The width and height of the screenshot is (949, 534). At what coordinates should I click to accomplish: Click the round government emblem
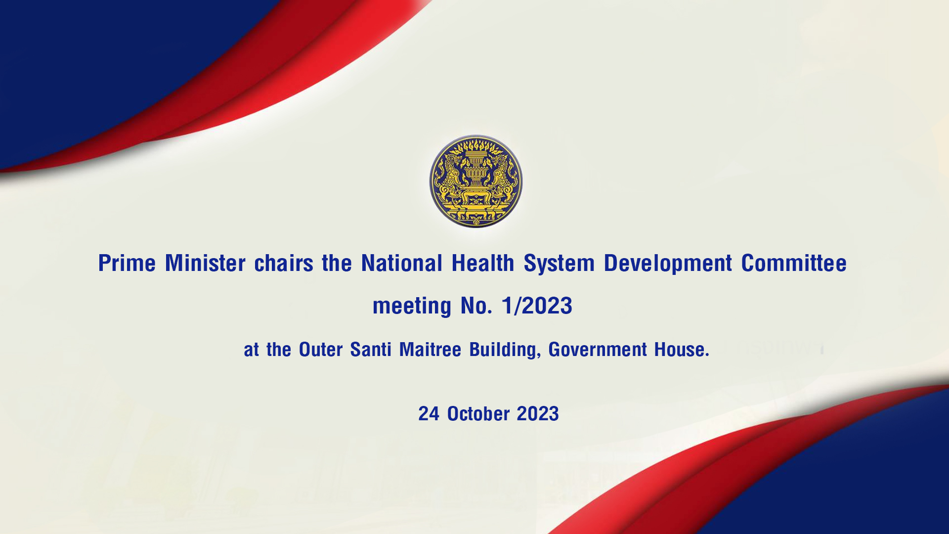point(475,181)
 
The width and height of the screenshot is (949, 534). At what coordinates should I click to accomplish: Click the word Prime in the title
point(127,263)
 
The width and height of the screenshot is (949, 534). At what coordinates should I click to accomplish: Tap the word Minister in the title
point(205,263)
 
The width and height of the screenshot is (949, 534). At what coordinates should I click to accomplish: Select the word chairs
point(284,263)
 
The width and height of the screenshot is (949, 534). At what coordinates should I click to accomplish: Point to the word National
point(401,263)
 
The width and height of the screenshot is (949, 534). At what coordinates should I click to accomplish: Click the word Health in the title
point(483,263)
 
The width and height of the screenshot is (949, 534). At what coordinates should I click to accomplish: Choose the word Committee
point(794,263)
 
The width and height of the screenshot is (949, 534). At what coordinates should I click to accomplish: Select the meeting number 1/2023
point(537,306)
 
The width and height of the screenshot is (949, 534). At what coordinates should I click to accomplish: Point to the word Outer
point(321,350)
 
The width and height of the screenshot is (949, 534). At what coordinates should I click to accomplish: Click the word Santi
point(371,350)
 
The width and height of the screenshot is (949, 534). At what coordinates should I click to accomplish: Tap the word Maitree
point(430,350)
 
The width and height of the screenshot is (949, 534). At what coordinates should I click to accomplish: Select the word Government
point(598,350)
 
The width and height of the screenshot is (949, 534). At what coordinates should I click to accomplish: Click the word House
point(682,350)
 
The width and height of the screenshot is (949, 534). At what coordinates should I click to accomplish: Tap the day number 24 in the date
point(429,414)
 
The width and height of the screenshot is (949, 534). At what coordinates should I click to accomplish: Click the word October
point(478,414)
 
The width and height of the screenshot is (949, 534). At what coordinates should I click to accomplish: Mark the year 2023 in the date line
point(538,414)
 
